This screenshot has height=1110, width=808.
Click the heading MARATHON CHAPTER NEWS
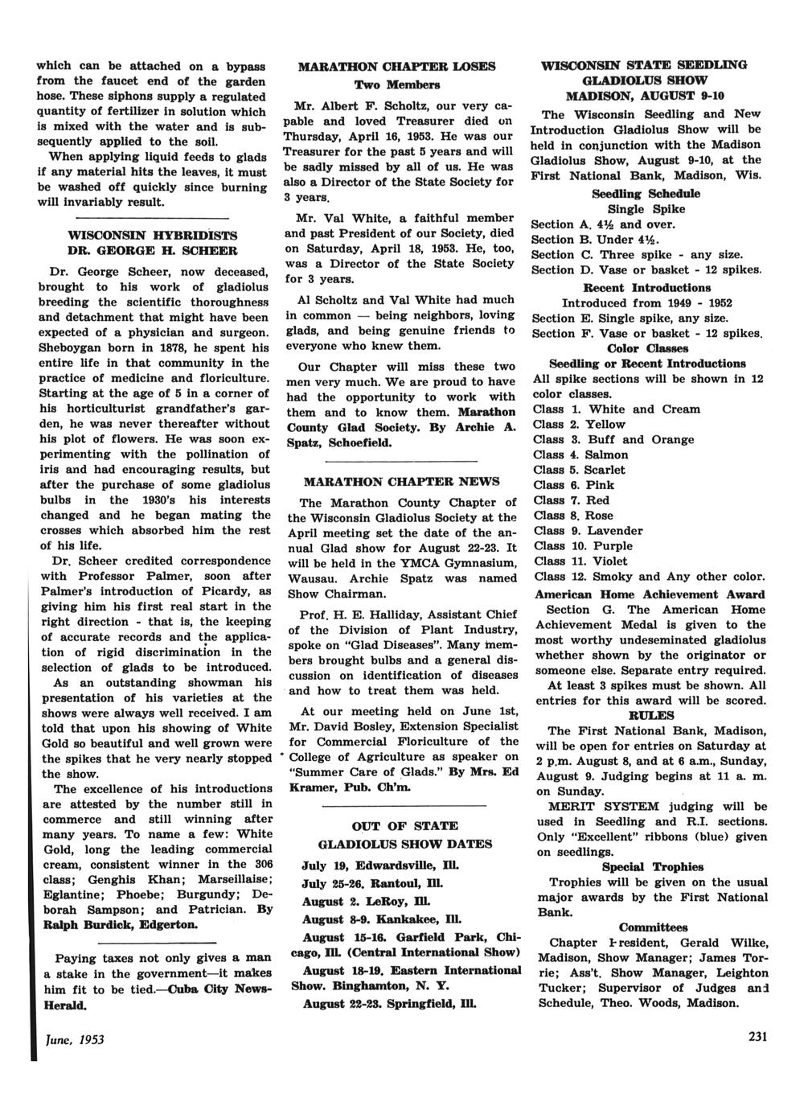[x=401, y=482]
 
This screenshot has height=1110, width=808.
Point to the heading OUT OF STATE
[x=404, y=825]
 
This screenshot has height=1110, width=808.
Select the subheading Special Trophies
[x=652, y=867]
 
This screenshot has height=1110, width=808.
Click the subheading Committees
[x=653, y=927]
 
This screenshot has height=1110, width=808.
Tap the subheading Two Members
[x=398, y=84]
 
